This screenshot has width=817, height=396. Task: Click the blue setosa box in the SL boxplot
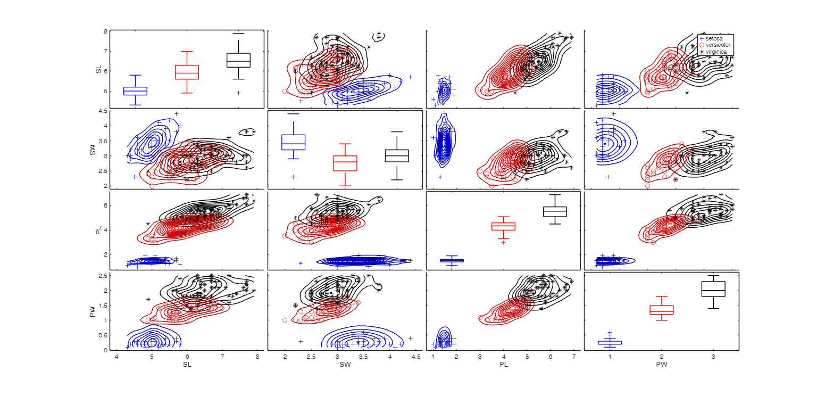135,91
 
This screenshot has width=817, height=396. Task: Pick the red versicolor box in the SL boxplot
187,72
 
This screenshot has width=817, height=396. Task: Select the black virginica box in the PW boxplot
713,288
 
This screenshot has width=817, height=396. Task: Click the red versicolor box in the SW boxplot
345,163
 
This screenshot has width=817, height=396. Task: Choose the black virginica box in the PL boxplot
555,211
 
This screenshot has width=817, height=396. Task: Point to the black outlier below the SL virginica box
238,93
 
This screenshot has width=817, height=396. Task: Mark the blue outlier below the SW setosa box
293,177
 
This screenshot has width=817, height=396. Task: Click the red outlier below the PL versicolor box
503,242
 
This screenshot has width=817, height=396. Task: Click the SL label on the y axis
98,69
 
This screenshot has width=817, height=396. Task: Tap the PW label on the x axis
662,365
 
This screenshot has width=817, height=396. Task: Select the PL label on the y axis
98,230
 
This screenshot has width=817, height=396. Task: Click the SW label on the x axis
345,365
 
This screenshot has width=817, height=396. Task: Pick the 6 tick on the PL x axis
551,356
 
